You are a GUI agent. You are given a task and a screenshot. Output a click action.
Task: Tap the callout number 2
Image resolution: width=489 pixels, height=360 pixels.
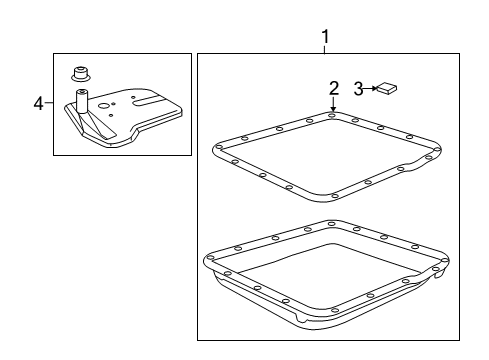pyautogui.click(x=333, y=88)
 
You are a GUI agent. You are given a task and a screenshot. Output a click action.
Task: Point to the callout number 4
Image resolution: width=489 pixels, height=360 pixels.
pyautogui.click(x=37, y=103)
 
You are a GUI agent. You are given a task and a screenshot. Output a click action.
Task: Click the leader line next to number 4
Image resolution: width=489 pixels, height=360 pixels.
pyautogui.click(x=48, y=103)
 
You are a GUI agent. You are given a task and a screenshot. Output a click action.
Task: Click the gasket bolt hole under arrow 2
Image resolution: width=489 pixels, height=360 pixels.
pyautogui.click(x=333, y=117)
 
